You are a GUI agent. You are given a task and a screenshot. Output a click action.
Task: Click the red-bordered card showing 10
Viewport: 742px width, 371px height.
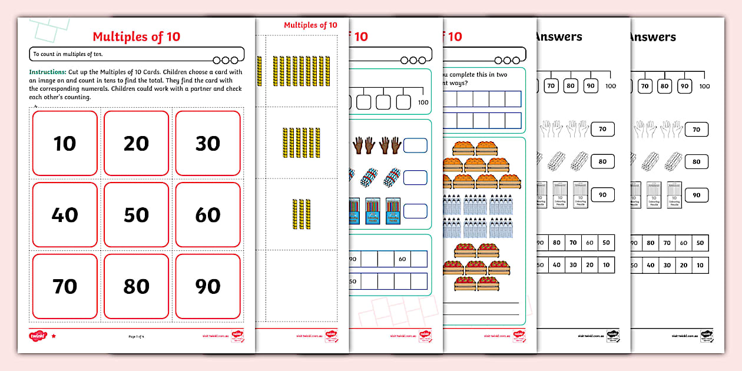(65, 143)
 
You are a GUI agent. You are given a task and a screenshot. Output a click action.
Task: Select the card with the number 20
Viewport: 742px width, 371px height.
(136, 143)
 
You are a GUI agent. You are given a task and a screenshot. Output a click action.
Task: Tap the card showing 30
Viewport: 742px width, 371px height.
(208, 143)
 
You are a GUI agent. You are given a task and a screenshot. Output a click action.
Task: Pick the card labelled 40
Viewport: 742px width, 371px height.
(65, 215)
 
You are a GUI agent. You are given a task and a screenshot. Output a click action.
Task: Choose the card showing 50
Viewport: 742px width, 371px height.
(136, 215)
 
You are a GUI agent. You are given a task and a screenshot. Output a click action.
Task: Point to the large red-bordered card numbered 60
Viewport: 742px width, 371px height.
(208, 215)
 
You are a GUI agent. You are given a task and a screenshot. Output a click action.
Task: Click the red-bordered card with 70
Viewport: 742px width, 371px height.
(65, 286)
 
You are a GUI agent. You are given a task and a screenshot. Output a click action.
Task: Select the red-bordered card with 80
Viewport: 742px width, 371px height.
(136, 286)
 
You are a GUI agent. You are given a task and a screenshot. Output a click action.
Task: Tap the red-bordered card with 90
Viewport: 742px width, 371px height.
(208, 286)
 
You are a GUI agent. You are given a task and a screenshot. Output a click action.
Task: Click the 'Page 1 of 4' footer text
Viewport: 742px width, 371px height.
(136, 336)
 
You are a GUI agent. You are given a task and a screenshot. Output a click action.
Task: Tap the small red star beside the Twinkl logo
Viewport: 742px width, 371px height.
(54, 336)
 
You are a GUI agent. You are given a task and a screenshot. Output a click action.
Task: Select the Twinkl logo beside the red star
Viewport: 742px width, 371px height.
(37, 336)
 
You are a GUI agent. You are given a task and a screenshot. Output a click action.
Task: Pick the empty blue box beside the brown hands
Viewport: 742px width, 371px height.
(415, 145)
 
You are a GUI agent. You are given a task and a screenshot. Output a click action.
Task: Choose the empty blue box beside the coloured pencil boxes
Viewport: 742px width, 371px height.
(415, 210)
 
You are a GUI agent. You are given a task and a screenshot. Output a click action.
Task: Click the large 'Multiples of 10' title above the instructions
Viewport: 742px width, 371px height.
(136, 37)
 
